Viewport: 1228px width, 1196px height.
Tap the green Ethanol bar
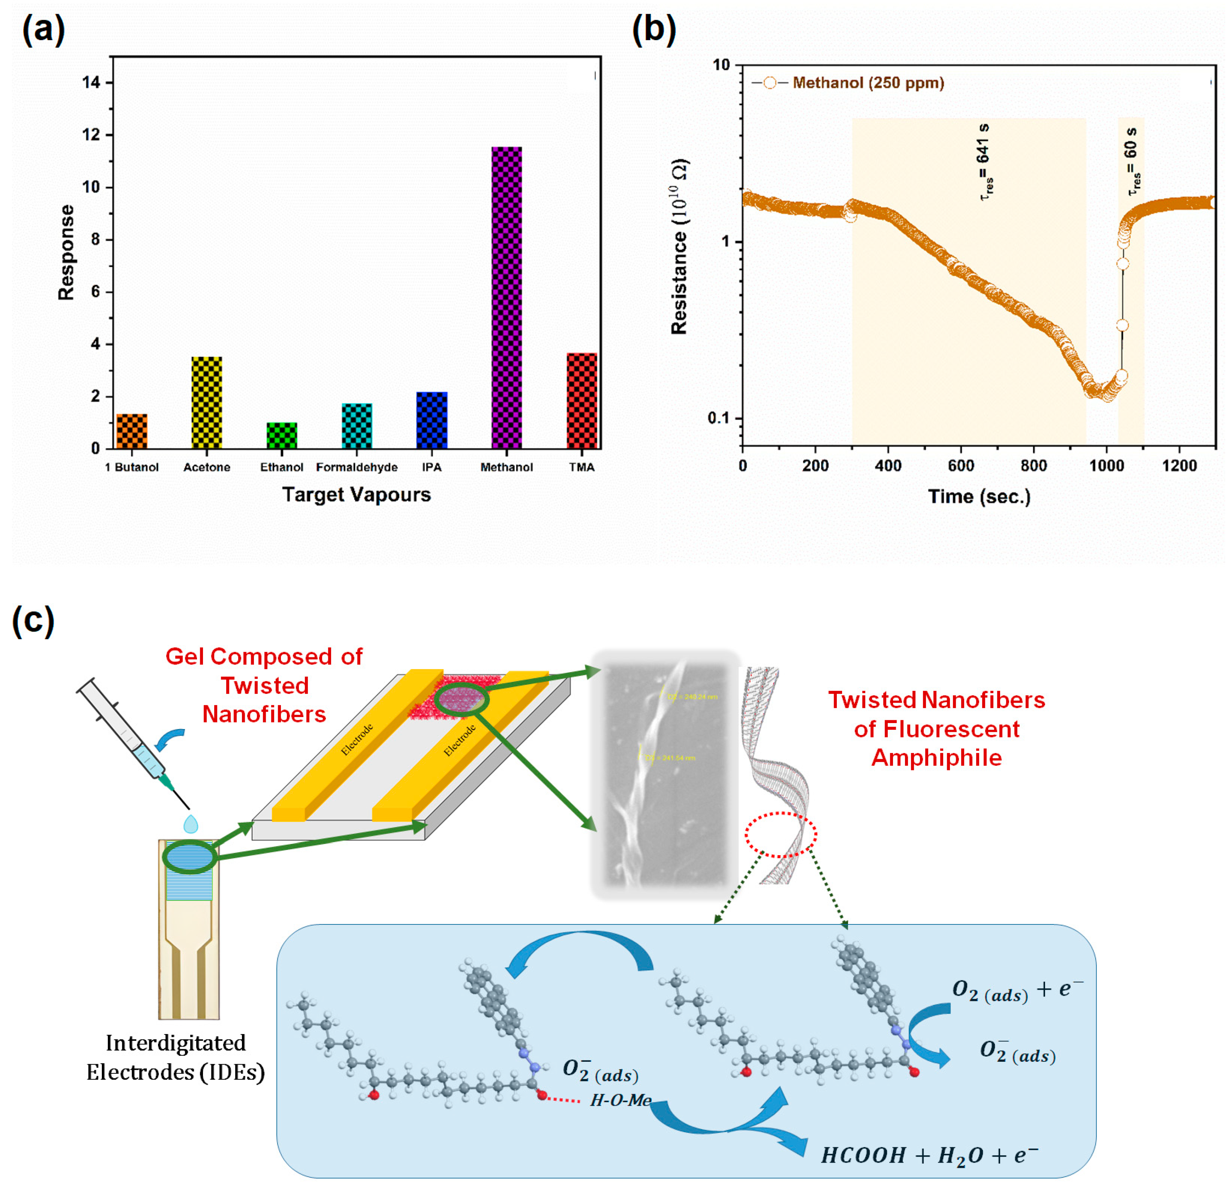click(282, 435)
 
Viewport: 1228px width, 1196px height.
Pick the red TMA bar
click(582, 401)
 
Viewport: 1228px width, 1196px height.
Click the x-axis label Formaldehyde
click(356, 467)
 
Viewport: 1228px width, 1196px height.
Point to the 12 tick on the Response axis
click(92, 135)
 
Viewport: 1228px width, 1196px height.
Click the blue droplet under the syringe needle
click(190, 823)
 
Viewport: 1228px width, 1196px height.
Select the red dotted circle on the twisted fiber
click(780, 834)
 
